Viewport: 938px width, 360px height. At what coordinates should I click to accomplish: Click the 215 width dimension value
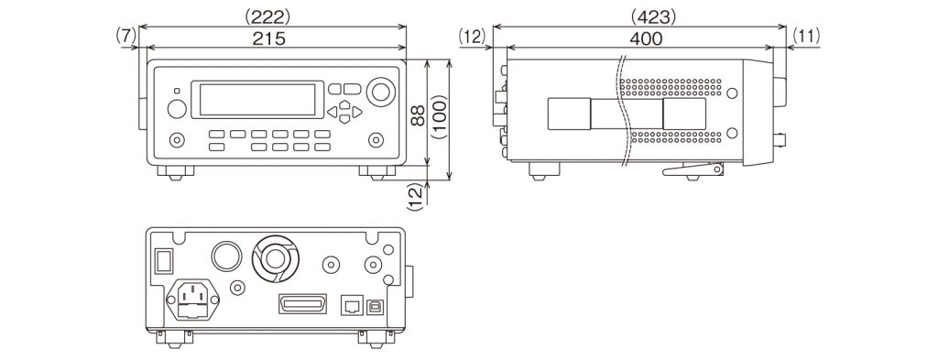[x=268, y=38]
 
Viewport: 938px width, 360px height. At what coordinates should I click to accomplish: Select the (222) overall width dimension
[x=268, y=16]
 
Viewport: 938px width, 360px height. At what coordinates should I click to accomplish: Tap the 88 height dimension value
[x=418, y=115]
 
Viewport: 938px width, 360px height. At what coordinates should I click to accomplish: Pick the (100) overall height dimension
[x=440, y=117]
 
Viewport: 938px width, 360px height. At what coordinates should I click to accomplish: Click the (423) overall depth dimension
[x=654, y=17]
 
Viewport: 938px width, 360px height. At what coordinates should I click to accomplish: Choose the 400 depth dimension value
[x=646, y=38]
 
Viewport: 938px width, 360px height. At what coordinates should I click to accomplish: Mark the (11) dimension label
[x=803, y=37]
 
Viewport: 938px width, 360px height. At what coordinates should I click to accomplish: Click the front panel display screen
[x=257, y=99]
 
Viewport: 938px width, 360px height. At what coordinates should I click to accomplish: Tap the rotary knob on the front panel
[x=381, y=92]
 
